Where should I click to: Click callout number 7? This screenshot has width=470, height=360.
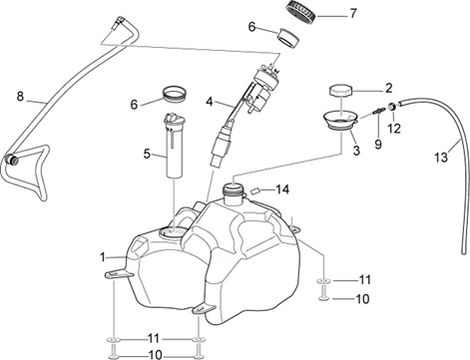[x=352, y=14]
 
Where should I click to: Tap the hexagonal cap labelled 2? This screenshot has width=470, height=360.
[x=340, y=91]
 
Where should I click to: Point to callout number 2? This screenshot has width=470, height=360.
[x=388, y=89]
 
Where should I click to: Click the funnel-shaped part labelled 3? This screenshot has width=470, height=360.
[x=340, y=120]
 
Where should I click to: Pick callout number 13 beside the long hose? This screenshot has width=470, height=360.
[x=441, y=157]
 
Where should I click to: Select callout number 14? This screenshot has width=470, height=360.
[x=282, y=189]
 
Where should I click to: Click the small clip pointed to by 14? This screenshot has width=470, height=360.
[x=256, y=190]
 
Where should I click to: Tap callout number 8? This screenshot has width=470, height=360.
[x=20, y=97]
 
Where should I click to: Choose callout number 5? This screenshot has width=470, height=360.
[x=147, y=155]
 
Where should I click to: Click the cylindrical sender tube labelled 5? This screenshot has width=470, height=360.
[x=174, y=146]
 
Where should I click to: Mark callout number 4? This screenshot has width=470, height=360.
[x=209, y=102]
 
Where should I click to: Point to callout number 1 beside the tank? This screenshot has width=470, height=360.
[x=103, y=257]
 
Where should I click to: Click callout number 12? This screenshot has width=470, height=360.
[x=394, y=129]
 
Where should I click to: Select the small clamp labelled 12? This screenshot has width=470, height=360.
[x=392, y=107]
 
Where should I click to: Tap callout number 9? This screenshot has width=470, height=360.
[x=378, y=145]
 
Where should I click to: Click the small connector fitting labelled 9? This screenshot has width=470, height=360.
[x=379, y=111]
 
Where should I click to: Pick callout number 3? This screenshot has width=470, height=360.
[x=356, y=151]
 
